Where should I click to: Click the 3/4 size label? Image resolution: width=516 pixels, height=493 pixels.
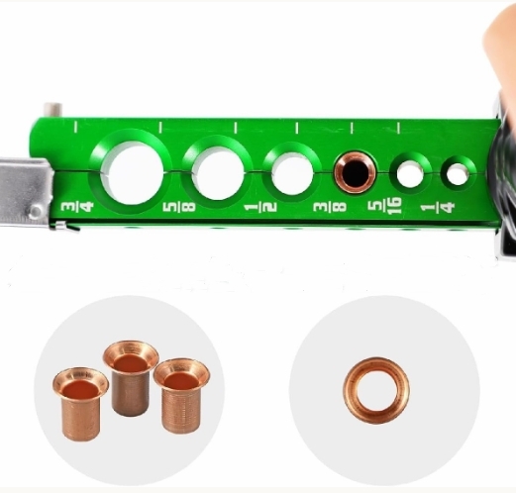(77, 207)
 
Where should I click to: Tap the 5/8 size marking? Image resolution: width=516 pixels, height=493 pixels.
(179, 207)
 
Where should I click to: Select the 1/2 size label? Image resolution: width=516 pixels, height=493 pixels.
(260, 208)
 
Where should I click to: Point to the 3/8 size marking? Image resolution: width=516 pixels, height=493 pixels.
(330, 207)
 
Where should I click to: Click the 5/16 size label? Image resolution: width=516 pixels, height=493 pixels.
(385, 206)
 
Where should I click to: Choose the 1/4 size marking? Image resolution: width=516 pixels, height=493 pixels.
(438, 208)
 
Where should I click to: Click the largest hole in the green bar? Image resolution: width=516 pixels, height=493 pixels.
(132, 173)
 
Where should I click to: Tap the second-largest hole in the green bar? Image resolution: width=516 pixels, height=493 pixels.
(218, 173)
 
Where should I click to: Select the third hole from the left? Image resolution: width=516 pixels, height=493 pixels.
(292, 174)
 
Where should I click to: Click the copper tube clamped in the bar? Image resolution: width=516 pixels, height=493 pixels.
(355, 172)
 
